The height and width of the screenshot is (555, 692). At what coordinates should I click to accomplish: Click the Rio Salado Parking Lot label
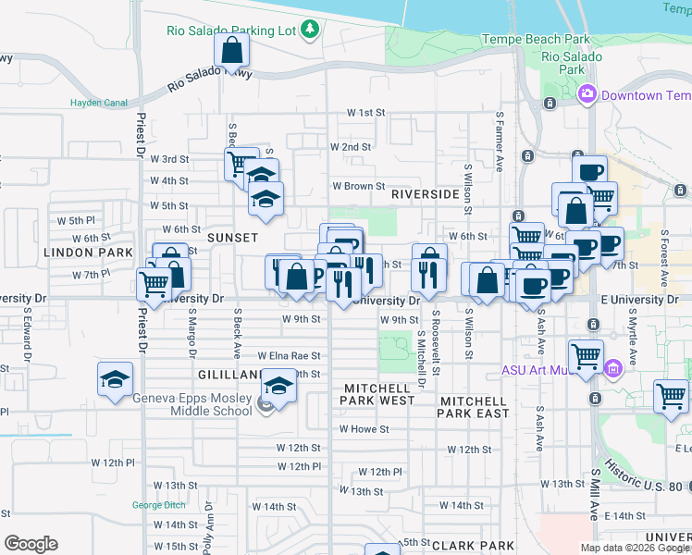pos(231,31)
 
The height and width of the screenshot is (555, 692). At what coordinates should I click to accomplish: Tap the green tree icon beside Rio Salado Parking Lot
pos(310,31)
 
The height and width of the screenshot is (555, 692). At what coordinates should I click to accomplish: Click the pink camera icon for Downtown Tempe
pos(587,95)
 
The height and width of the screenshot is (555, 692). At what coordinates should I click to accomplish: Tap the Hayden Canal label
pos(99,103)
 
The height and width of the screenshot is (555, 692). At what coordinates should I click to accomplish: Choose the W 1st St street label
pos(365,112)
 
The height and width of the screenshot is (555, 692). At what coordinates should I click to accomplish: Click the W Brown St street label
pos(358,186)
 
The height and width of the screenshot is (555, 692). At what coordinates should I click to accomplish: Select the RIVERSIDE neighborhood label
pos(425,195)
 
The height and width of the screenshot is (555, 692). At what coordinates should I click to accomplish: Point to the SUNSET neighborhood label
pos(232,238)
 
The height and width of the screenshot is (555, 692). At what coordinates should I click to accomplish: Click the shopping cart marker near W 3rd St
pos(241,165)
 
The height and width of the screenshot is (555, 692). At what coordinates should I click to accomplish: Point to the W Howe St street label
pos(364,429)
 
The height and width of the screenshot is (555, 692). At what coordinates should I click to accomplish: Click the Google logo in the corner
pos(31,544)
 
